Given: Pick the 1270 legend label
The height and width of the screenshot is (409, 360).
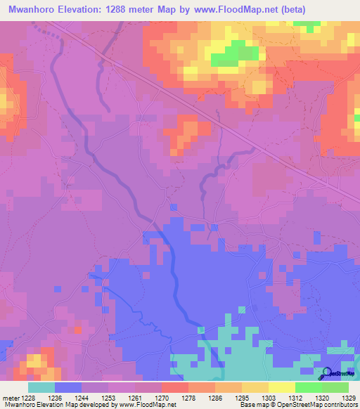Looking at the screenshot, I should (x=162, y=398).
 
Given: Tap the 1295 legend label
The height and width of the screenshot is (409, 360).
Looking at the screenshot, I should (x=241, y=398).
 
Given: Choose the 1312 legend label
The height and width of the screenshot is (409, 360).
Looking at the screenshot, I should (x=294, y=398).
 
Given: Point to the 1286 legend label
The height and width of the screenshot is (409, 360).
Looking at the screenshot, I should (x=214, y=398).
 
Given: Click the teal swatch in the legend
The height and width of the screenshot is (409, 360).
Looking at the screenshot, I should (x=41, y=387).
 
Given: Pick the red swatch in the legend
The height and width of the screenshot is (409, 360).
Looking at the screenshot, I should (x=174, y=387).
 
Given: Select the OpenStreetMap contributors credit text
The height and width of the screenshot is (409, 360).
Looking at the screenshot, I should (x=324, y=405).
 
